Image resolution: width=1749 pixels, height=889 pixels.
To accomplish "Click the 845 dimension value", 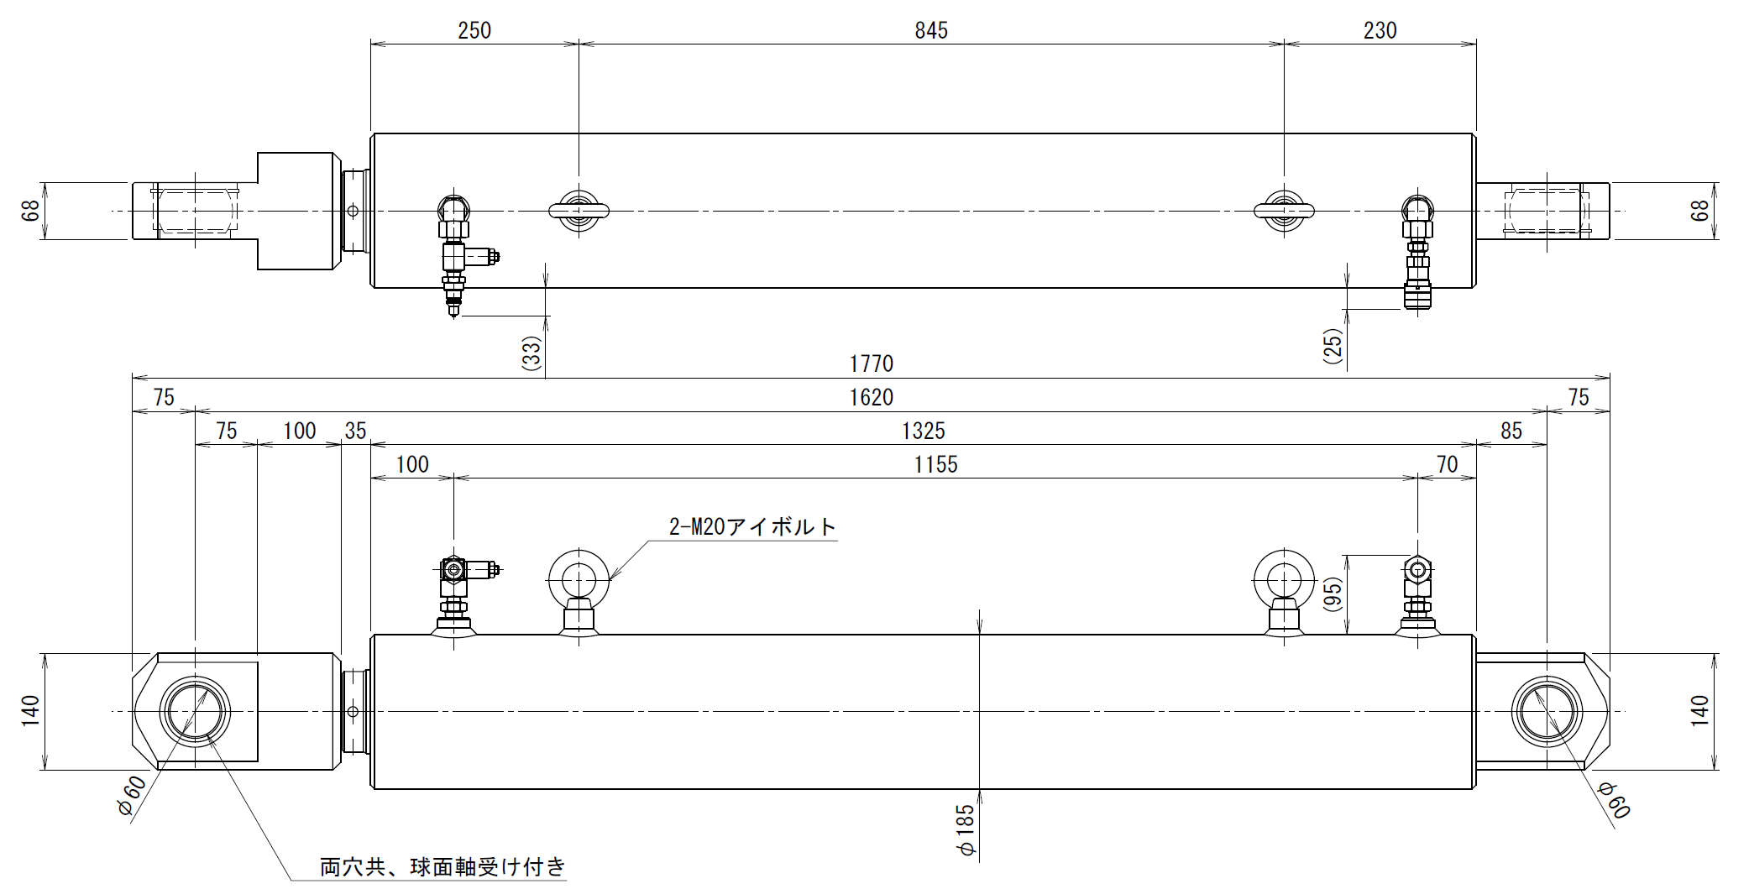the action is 931,31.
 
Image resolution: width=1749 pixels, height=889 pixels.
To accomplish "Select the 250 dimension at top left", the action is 474,31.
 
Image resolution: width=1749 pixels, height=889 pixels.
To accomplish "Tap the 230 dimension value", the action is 1380,31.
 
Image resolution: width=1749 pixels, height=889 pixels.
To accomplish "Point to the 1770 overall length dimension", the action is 872,363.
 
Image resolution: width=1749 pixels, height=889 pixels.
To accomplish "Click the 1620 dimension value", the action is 872,397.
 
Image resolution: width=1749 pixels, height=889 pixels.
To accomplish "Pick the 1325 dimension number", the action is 924,431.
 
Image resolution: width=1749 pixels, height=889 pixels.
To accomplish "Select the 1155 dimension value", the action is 935,464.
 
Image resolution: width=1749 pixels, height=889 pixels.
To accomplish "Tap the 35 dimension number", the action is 356,431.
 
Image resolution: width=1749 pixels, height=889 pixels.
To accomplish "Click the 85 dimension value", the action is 1511,431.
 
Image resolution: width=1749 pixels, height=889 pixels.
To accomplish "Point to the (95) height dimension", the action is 1333,593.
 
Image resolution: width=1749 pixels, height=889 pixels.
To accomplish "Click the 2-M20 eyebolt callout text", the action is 753,526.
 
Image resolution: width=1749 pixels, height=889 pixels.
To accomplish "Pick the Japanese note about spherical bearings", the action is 443,865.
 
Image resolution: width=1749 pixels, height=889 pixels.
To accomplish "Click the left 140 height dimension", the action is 31,711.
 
